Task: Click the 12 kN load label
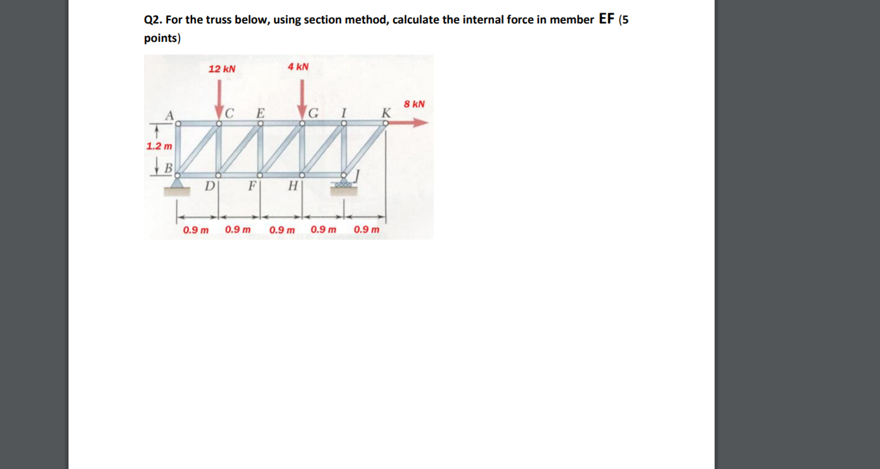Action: [x=222, y=68]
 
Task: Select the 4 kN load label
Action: [x=298, y=67]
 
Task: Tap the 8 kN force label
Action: [x=414, y=103]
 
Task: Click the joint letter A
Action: [x=169, y=115]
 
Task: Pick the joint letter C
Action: [x=230, y=114]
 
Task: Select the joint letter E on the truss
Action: [x=259, y=114]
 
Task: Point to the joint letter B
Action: [x=169, y=169]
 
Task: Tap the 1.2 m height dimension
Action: [x=159, y=146]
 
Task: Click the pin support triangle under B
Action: [x=177, y=184]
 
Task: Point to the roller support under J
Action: [x=344, y=184]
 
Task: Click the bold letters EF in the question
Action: [x=607, y=19]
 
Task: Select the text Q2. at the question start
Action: [x=153, y=20]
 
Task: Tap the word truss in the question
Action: [x=219, y=20]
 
